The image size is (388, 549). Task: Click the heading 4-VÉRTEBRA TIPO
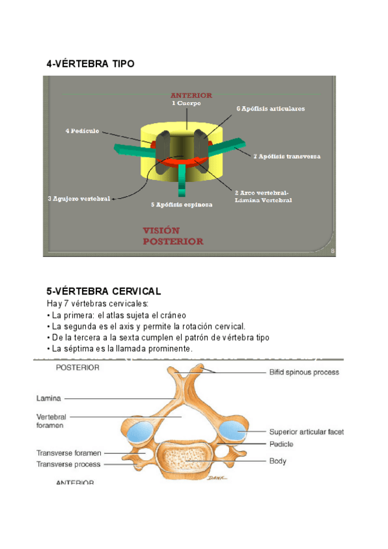tap(91, 64)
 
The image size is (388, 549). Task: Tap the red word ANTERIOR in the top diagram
tap(191, 96)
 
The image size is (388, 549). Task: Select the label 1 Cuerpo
tap(186, 104)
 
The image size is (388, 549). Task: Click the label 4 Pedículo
tap(82, 131)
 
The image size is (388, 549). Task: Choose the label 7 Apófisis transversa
tap(286, 157)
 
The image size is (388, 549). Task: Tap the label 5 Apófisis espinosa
tap(182, 205)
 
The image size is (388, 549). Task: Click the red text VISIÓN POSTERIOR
tap(173, 236)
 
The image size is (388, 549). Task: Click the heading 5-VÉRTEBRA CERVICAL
tap(103, 291)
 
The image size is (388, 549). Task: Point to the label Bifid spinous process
tap(304, 372)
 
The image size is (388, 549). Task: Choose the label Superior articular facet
tap(307, 431)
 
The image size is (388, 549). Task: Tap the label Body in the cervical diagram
tap(278, 462)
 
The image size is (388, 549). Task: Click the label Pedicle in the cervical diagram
tap(281, 444)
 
